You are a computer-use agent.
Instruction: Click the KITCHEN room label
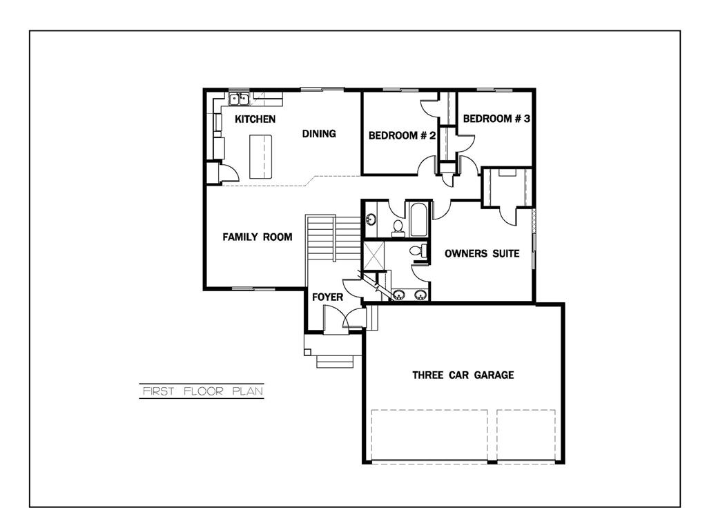click(x=255, y=119)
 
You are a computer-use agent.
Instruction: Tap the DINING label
click(x=319, y=134)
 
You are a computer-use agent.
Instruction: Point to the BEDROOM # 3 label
click(x=496, y=119)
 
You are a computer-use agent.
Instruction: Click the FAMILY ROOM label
click(x=257, y=237)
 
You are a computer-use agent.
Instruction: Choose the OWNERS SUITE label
click(x=481, y=254)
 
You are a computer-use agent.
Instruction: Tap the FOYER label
click(x=327, y=297)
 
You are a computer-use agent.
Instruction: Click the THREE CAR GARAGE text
click(x=463, y=375)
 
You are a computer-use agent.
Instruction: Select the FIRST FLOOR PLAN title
click(x=202, y=391)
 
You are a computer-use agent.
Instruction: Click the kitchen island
click(x=261, y=156)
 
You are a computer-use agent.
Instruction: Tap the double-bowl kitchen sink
click(x=239, y=99)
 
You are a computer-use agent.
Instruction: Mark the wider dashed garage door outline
click(x=429, y=435)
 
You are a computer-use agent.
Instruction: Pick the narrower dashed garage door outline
click(x=526, y=435)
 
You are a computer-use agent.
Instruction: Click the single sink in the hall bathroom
click(x=371, y=220)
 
